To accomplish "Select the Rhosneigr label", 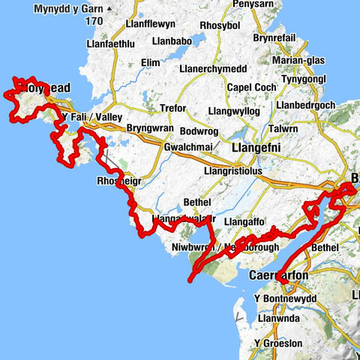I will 118,181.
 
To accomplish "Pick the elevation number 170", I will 94,22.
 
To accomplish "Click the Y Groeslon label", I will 280,343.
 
